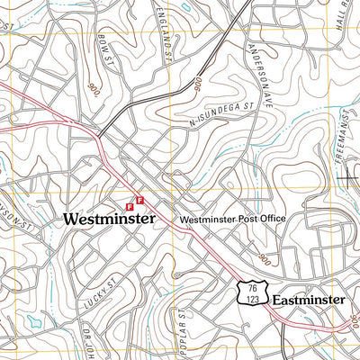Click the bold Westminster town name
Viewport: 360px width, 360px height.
(109, 219)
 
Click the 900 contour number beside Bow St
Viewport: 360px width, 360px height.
(94, 89)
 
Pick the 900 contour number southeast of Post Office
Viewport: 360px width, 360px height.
(263, 259)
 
